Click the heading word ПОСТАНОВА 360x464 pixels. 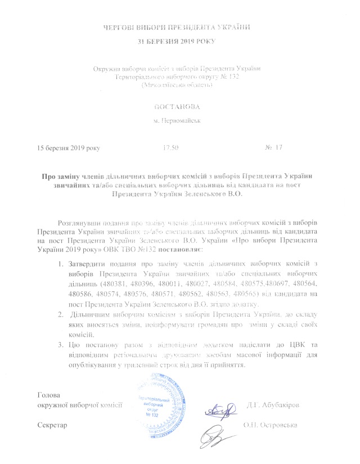pyautogui.click(x=177, y=106)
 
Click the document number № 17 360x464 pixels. pyautogui.click(x=272, y=147)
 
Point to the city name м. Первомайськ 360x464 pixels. pyautogui.click(x=177, y=121)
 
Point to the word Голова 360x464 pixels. pyautogui.click(x=48, y=395)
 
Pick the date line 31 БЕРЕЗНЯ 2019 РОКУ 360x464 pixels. pyautogui.click(x=176, y=41)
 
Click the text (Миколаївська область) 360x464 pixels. pyautogui.click(x=177, y=85)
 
